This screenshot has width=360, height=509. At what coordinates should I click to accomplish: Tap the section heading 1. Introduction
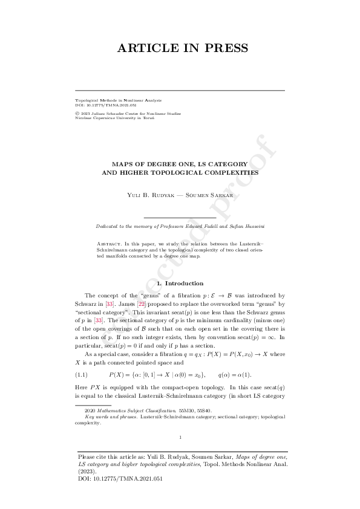[x=180, y=284]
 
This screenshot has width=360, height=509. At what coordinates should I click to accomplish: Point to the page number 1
[x=180, y=437]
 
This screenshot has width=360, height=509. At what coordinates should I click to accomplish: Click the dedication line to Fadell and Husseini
[x=180, y=226]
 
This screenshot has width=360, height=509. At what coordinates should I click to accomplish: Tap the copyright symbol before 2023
[x=76, y=113]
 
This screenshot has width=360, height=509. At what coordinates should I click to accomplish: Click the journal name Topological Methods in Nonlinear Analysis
[x=114, y=99]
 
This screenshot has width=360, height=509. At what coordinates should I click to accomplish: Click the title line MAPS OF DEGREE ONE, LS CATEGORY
[x=180, y=163]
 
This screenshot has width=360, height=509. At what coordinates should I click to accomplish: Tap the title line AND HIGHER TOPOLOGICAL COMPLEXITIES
[x=180, y=172]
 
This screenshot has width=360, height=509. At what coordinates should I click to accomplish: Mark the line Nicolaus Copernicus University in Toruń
[x=114, y=118]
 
